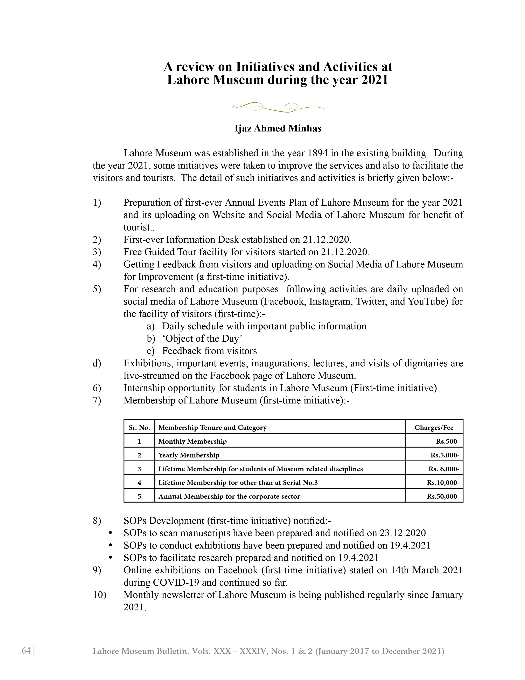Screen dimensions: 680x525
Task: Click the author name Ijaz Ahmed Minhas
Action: coord(278,128)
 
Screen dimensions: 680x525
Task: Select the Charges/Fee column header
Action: coord(434,428)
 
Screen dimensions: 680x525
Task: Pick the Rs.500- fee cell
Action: coord(447,441)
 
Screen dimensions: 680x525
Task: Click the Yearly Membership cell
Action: coord(189,455)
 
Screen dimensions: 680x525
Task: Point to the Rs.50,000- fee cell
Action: coord(443,496)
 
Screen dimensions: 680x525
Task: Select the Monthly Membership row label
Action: coord(192,441)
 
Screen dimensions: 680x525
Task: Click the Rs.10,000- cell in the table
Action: coord(443,483)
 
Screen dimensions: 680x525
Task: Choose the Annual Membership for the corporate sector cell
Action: coord(229,496)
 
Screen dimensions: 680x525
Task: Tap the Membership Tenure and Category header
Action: coord(212,428)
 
